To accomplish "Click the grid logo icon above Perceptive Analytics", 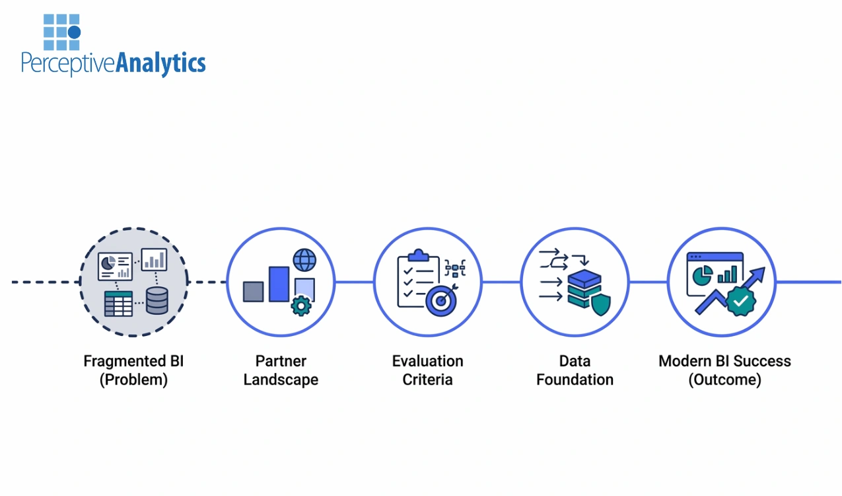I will tap(61, 32).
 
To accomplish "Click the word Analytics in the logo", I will tap(160, 63).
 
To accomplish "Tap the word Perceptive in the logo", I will tap(68, 64).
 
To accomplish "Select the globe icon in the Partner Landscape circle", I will tap(304, 260).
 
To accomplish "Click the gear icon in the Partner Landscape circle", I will tap(301, 306).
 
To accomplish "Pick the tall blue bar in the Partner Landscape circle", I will tap(279, 284).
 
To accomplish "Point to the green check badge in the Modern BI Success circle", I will tap(741, 301).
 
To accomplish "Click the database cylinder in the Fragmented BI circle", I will tap(157, 302).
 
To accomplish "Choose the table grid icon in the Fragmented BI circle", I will tap(118, 303).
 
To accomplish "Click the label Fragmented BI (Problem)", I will tap(133, 370).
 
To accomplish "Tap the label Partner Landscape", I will tap(281, 370).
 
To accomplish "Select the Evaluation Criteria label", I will tap(427, 370).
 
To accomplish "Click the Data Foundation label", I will tap(575, 370).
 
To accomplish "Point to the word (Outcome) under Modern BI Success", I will tap(724, 380).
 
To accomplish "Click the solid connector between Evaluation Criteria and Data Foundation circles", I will tap(501, 282).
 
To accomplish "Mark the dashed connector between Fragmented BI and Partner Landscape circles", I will tap(207, 282).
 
